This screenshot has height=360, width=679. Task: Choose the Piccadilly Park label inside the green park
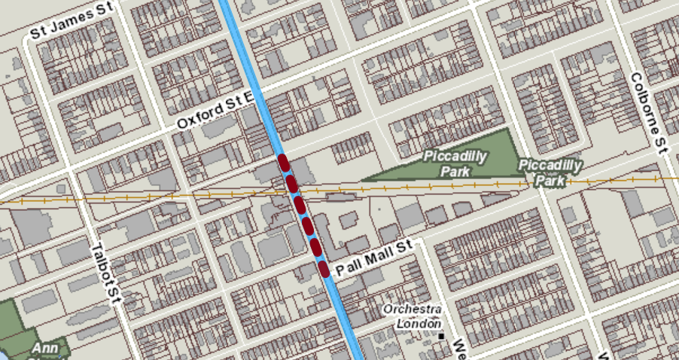(x=455, y=163)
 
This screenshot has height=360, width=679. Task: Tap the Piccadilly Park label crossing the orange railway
(x=551, y=173)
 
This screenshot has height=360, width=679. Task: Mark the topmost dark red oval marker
(x=284, y=161)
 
